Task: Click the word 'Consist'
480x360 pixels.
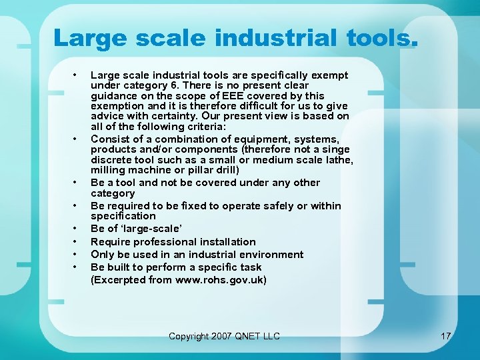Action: (109, 139)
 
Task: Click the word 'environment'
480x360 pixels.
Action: (270, 254)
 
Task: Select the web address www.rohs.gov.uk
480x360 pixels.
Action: (220, 280)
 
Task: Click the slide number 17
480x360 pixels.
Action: (446, 336)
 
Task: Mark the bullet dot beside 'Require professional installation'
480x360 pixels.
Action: (77, 242)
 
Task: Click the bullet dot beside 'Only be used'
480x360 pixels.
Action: (77, 255)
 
